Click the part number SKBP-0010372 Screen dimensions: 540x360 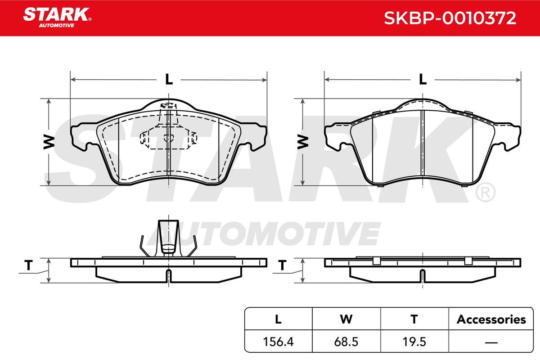coord(450,18)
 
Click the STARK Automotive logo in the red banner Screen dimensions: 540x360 coord(57,18)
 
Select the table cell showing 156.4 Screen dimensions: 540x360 coord(278,342)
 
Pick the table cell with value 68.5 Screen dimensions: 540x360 coord(346,342)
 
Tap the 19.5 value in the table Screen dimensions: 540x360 coord(414,342)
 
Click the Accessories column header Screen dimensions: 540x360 coord(491,319)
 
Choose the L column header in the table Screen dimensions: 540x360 coord(278,319)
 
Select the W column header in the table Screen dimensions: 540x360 coord(346,319)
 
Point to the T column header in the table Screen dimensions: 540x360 coord(414,319)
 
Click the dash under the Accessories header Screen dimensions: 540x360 coord(491,342)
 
